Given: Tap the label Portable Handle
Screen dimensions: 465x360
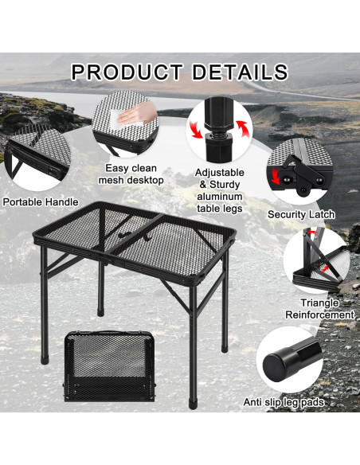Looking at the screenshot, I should coord(40,202).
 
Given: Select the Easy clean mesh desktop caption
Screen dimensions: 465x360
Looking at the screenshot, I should coord(131,174).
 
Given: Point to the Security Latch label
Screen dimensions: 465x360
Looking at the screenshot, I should coord(300,214).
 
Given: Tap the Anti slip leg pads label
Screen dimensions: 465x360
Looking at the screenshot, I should coord(284,403).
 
